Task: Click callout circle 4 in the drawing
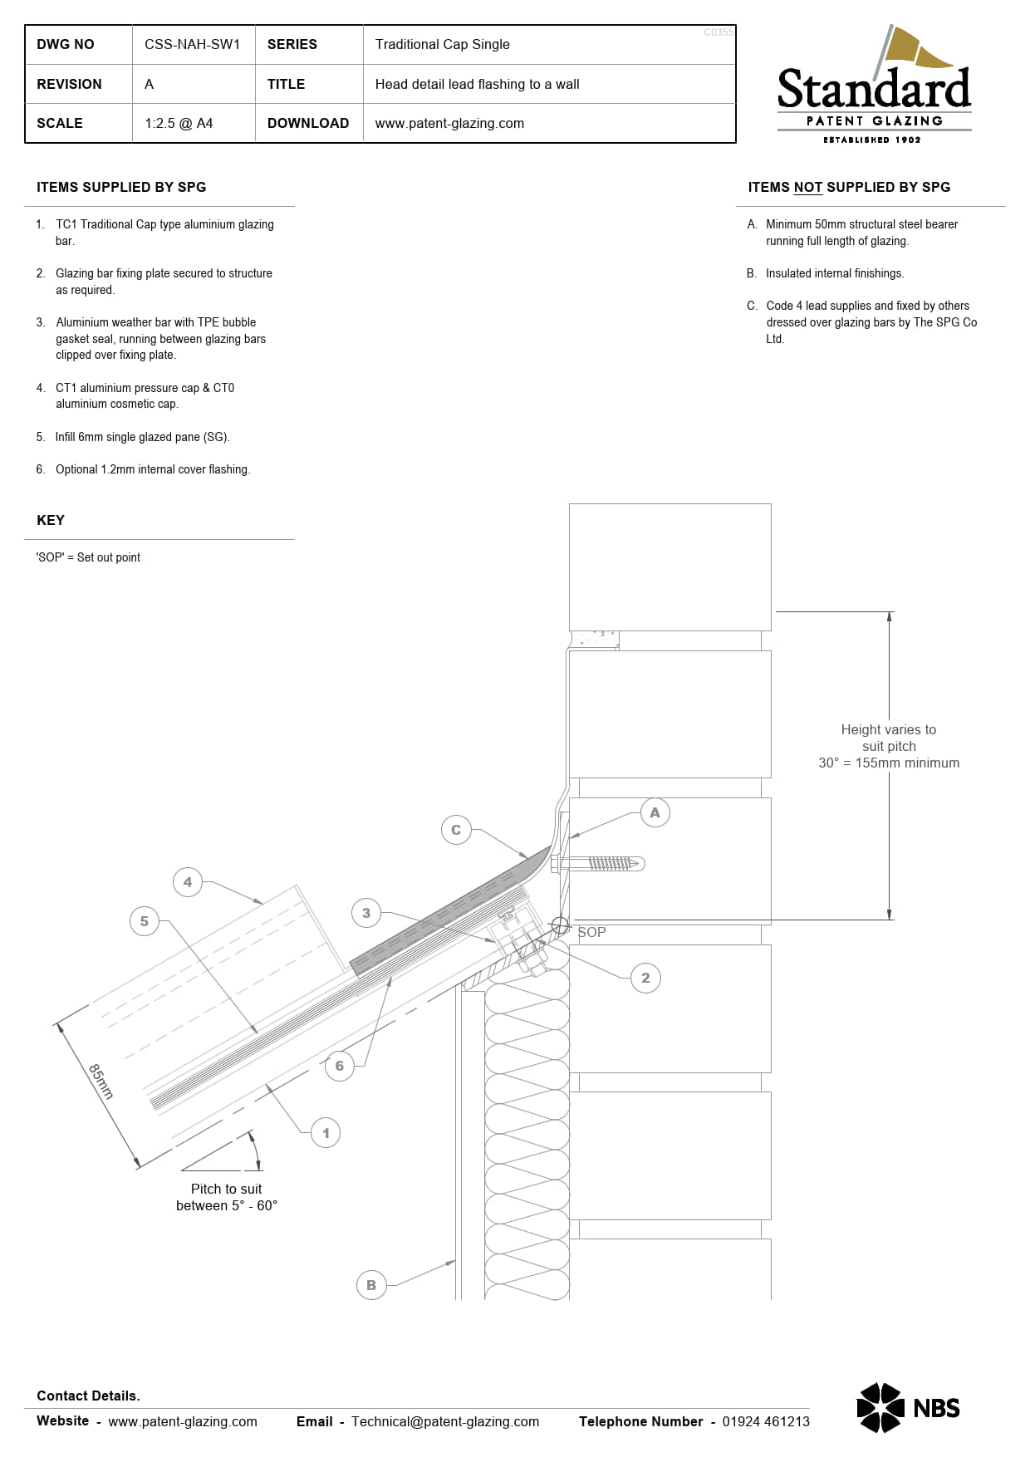[188, 882]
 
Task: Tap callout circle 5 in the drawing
[145, 921]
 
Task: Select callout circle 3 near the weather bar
[366, 913]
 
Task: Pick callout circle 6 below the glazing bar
[339, 1066]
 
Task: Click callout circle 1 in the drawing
[326, 1132]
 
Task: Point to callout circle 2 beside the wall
[645, 978]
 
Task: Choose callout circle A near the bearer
[655, 812]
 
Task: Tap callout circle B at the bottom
[371, 1285]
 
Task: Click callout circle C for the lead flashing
[456, 830]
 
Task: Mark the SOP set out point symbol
[561, 925]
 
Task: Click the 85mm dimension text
[101, 1081]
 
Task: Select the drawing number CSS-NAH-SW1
[192, 44]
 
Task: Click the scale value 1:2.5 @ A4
[179, 123]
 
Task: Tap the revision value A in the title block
[149, 84]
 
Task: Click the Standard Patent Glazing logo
[874, 87]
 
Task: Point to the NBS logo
[908, 1407]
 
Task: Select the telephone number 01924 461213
[765, 1421]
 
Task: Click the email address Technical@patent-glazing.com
[444, 1421]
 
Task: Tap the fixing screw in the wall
[606, 864]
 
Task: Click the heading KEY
[51, 520]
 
